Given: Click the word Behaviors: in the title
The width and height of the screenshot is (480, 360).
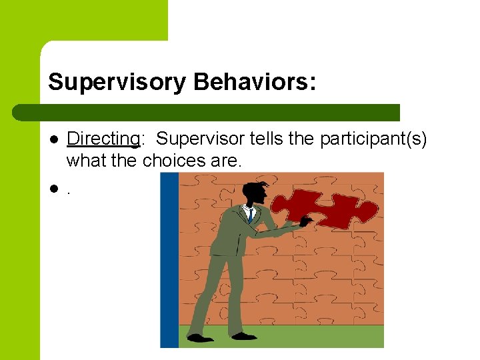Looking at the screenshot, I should click(x=255, y=83).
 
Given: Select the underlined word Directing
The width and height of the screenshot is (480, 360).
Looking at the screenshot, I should click(x=103, y=139).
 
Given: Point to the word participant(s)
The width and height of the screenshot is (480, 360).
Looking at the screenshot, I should click(x=373, y=139).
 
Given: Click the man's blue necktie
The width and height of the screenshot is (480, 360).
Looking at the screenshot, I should click(x=250, y=215).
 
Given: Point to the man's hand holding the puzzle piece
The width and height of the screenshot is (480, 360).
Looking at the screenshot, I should click(x=305, y=221).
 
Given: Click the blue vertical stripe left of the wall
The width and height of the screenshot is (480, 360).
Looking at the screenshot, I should click(x=169, y=260).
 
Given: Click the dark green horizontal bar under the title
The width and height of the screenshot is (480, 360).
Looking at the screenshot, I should click(x=207, y=113).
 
